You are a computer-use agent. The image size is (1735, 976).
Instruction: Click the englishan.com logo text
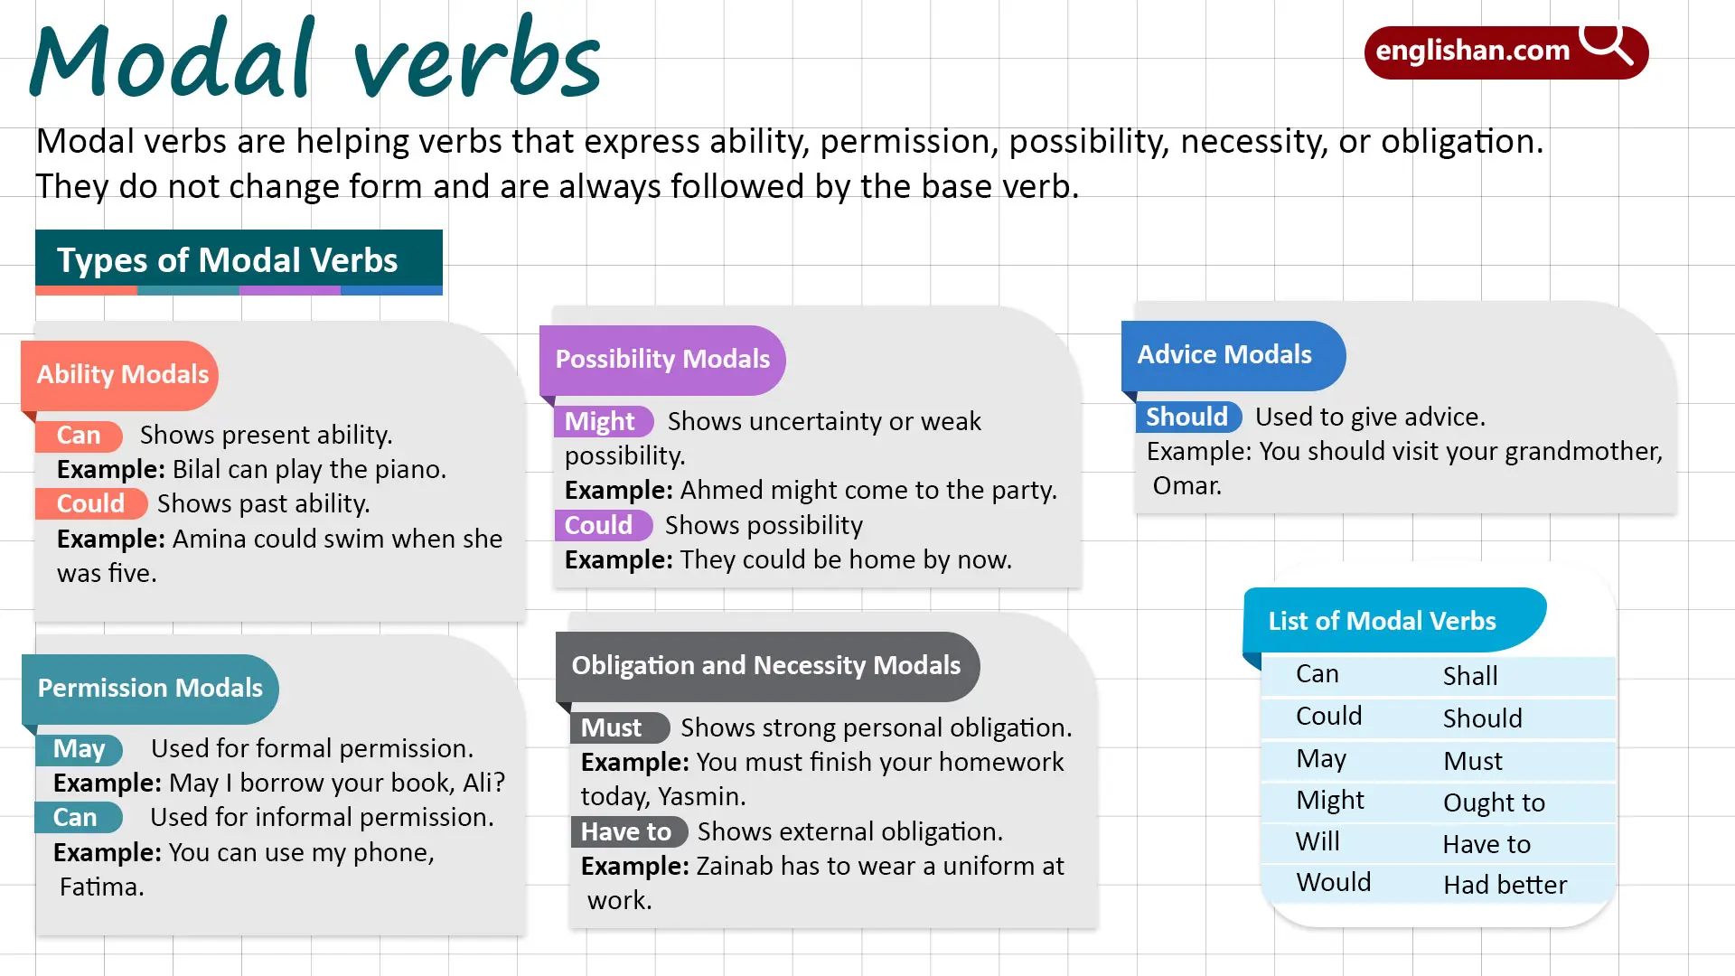tap(1472, 51)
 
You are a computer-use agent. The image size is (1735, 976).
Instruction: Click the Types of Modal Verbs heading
tap(228, 260)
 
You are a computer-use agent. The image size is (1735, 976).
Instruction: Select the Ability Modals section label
tap(122, 374)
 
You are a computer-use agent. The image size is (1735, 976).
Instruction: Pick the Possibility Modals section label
tap(662, 359)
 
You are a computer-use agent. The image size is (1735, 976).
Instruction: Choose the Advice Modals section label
tap(1224, 354)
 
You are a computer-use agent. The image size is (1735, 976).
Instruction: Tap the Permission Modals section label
tap(150, 688)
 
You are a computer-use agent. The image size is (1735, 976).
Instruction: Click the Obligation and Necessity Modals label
tap(766, 665)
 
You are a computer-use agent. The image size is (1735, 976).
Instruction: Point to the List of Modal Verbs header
tap(1382, 621)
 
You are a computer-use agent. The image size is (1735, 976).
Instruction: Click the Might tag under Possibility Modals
tap(600, 421)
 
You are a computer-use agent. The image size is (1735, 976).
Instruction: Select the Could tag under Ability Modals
tap(90, 503)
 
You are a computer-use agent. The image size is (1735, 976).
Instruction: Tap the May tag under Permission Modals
tap(80, 748)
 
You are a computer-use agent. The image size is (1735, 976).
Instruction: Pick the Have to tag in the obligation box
tap(626, 831)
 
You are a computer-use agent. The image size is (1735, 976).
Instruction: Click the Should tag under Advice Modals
tap(1186, 417)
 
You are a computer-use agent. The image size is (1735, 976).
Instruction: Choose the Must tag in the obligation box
tap(612, 727)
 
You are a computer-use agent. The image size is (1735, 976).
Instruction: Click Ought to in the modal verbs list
tap(1494, 802)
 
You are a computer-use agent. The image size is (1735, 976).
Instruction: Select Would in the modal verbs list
tap(1333, 882)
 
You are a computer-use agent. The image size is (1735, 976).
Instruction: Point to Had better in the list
tap(1505, 885)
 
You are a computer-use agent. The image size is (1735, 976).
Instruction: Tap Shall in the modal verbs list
tap(1470, 676)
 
